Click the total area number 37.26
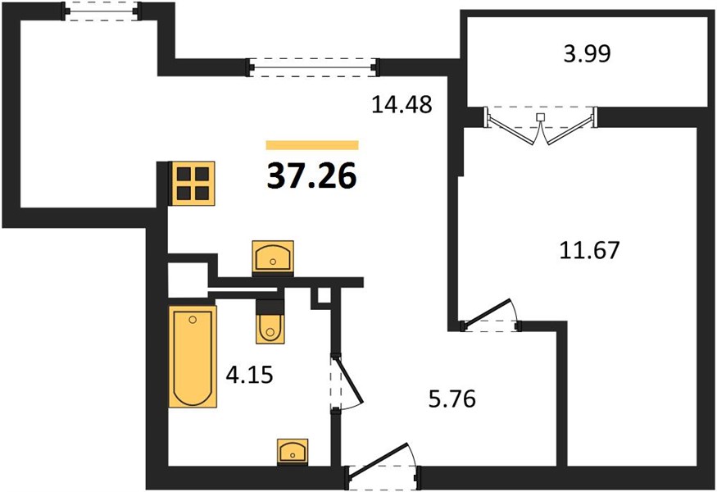click(312, 176)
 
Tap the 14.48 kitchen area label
click(402, 105)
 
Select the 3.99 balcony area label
click(588, 53)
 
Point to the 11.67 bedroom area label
click(589, 250)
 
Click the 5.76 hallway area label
click(452, 399)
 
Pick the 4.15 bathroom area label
click(249, 376)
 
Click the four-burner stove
click(192, 183)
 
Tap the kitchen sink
click(273, 257)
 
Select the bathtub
click(193, 357)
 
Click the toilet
click(270, 321)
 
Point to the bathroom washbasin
click(293, 451)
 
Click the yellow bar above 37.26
click(312, 145)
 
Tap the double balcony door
click(541, 125)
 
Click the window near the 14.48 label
click(313, 67)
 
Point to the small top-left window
click(101, 11)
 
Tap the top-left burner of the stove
click(184, 174)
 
